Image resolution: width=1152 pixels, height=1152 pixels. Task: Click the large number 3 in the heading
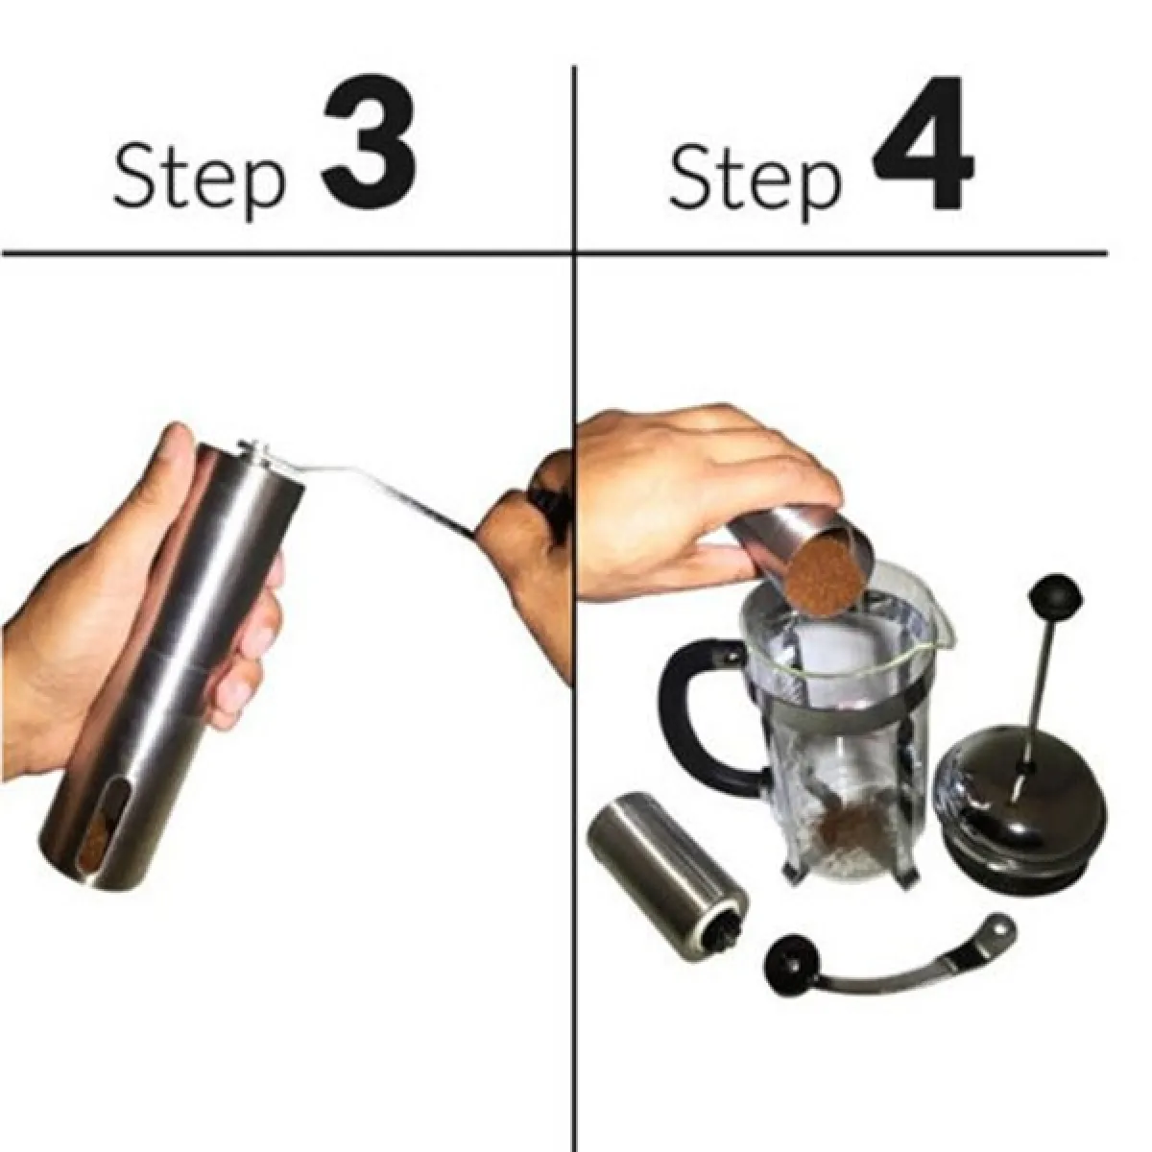coord(369,142)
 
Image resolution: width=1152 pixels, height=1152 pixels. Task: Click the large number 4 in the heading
coord(923,142)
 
